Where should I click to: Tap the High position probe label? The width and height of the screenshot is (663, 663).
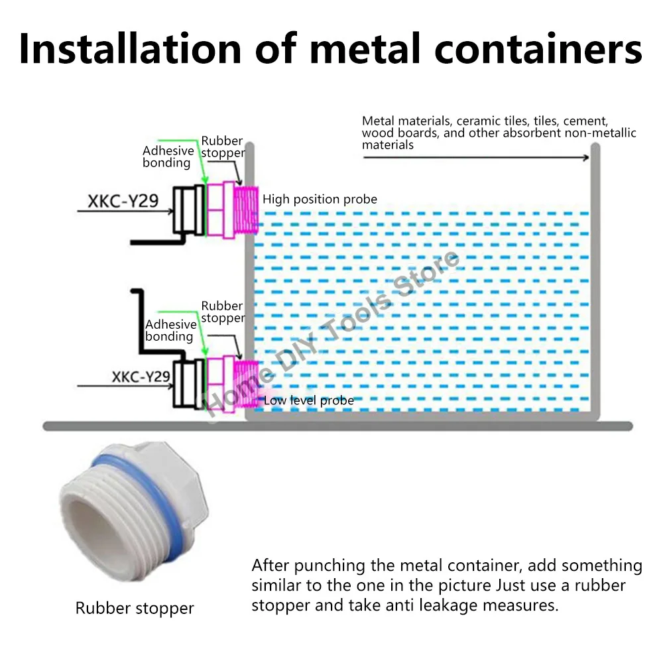coord(320,199)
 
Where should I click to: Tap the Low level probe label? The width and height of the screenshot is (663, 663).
coord(309,400)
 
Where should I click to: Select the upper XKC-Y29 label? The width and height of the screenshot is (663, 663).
coord(123,200)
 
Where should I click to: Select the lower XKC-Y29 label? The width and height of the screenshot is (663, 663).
coord(141,377)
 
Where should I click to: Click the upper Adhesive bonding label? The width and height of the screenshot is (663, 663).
coord(168,156)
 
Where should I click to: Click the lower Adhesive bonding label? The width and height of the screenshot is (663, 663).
coord(170,330)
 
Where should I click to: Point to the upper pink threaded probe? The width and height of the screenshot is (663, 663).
coord(247,209)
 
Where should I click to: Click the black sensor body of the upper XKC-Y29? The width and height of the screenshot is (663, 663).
coord(188,209)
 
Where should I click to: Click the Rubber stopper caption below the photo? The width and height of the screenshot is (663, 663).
coord(135,608)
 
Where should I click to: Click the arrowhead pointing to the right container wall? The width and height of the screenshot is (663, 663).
coord(585,157)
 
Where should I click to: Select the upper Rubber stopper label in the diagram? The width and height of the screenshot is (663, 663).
coord(222,147)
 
